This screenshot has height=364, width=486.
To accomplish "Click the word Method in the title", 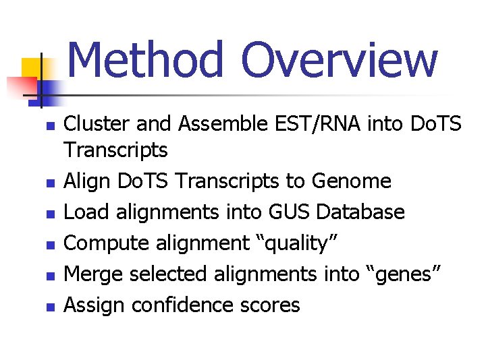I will (x=145, y=59).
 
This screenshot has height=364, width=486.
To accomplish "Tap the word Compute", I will (x=106, y=243).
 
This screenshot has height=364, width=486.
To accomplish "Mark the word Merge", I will (x=93, y=274).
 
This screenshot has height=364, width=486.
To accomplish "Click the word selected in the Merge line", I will (x=169, y=274).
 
